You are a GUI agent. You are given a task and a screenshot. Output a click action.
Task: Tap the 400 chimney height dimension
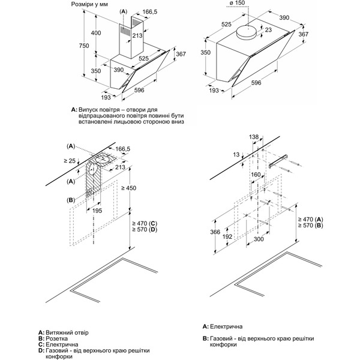pyautogui.click(x=88, y=32)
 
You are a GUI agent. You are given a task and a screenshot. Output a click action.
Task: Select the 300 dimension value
pyautogui.click(x=258, y=239)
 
